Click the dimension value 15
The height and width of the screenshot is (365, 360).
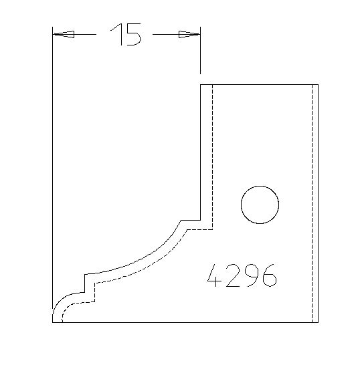click(126, 35)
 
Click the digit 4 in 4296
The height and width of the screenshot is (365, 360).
click(215, 275)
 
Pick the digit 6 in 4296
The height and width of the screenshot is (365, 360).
click(268, 275)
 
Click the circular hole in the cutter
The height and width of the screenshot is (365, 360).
click(260, 205)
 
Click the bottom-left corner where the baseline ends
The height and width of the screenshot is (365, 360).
click(53, 322)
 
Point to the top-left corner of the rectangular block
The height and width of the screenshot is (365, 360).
click(201, 84)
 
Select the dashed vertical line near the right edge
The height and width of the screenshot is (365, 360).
click(312, 201)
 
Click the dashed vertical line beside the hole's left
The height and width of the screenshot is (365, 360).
click(211, 154)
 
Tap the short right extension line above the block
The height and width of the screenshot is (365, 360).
click(201, 57)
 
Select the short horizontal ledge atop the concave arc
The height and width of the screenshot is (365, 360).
click(191, 221)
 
